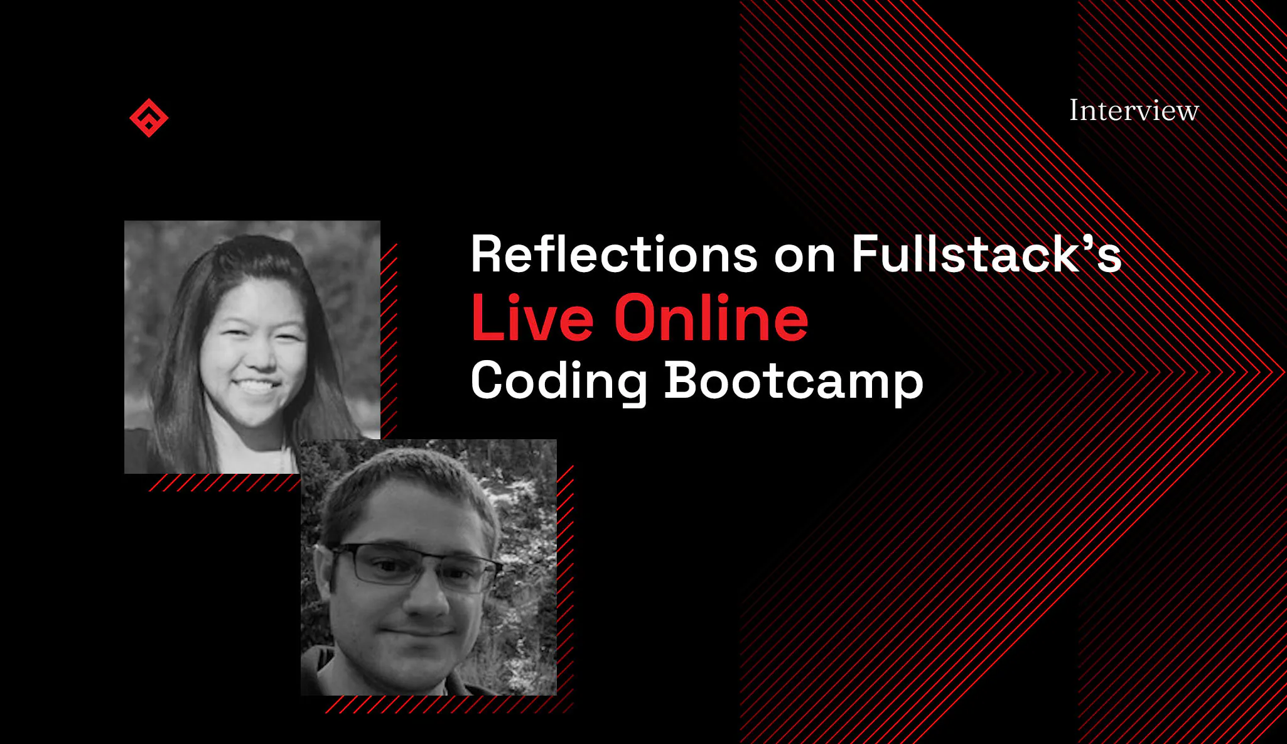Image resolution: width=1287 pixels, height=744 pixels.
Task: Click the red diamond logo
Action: click(149, 118)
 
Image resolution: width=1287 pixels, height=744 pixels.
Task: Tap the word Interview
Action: click(1134, 111)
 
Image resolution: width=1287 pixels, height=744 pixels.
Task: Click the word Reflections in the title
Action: click(614, 254)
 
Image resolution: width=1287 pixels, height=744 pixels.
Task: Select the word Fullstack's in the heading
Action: click(986, 254)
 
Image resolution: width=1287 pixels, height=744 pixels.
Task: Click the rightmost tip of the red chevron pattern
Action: click(1284, 372)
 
